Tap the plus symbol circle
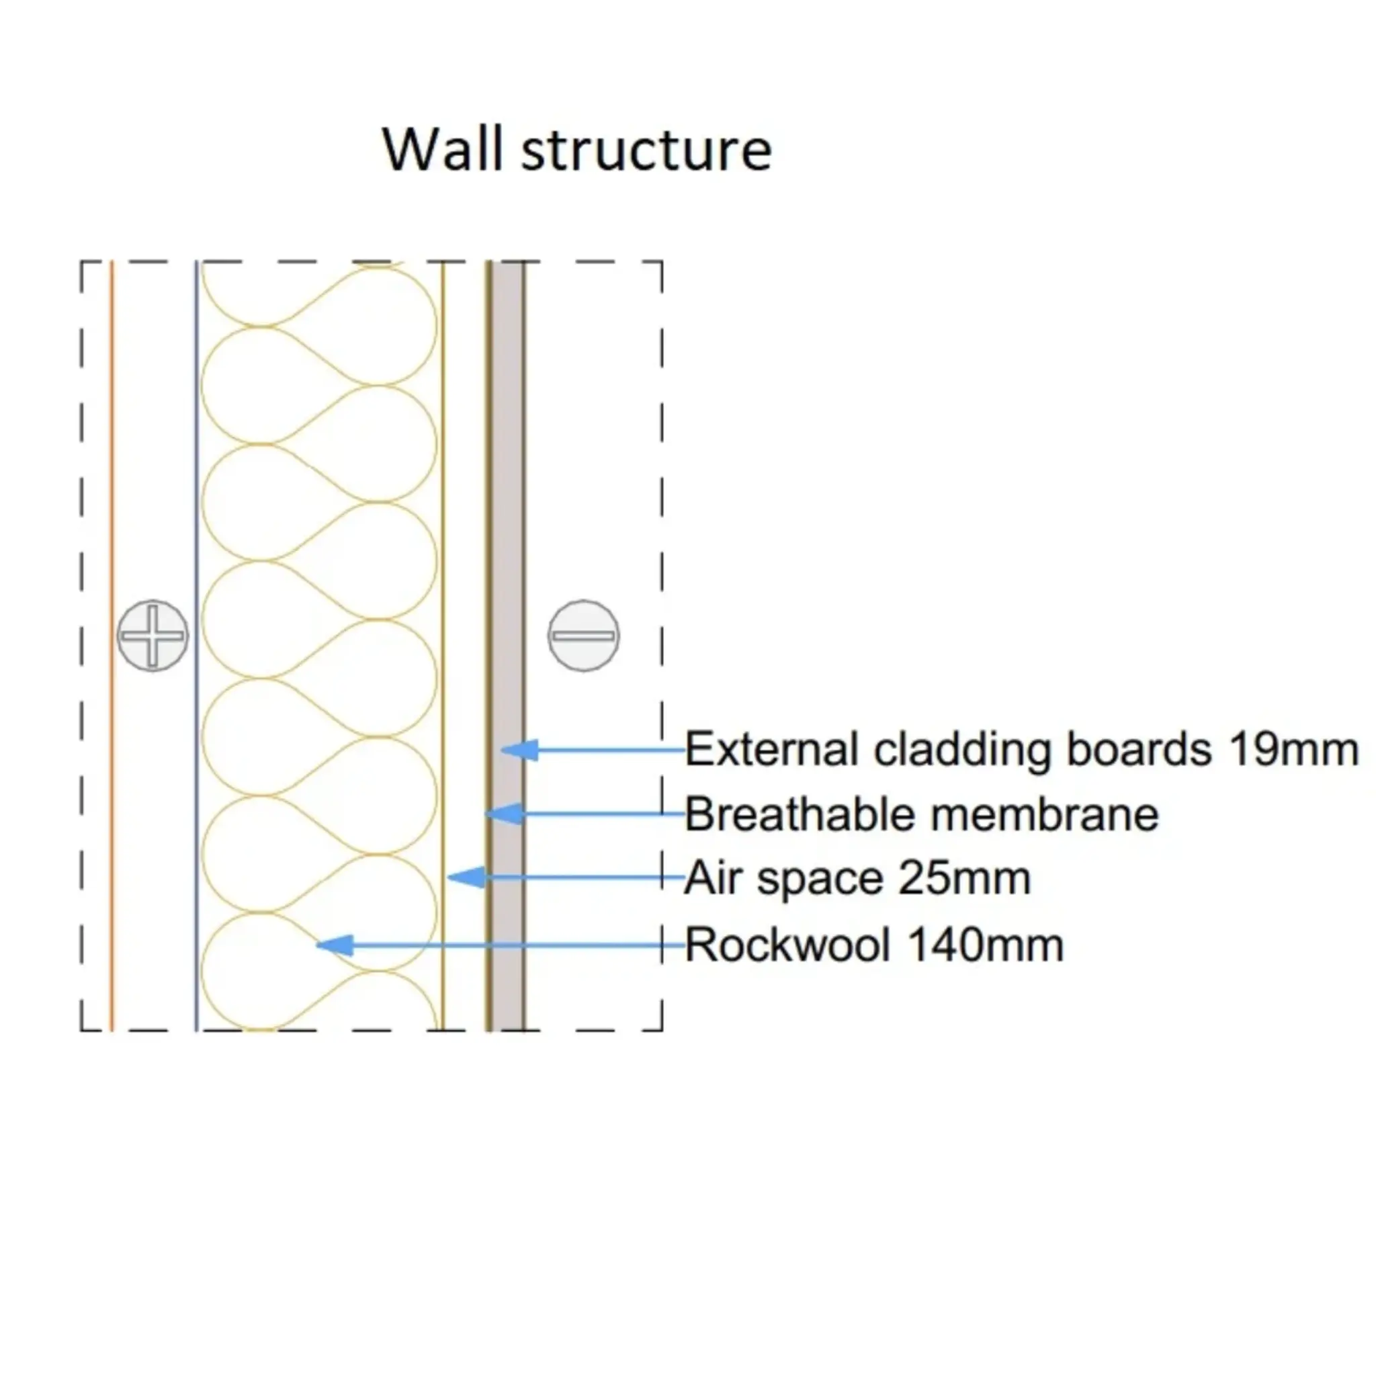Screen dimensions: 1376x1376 [x=153, y=636]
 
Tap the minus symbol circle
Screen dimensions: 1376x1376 [x=583, y=636]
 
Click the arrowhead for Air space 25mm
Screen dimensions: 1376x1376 [x=466, y=877]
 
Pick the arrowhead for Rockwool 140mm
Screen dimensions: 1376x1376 [x=335, y=945]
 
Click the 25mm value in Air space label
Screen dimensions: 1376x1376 [x=964, y=877]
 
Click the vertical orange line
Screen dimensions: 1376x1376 [x=112, y=499]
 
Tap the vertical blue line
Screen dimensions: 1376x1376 [x=197, y=499]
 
